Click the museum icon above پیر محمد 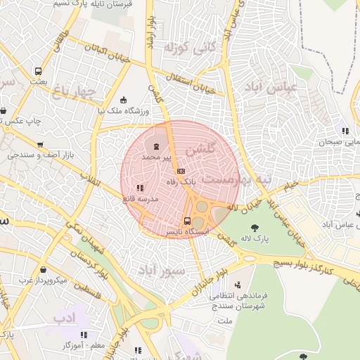click(155, 147)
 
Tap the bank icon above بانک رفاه click(181, 172)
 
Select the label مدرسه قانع click(142, 200)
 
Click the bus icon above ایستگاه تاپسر click(187, 219)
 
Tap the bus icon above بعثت click(38, 71)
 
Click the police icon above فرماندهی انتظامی click(238, 285)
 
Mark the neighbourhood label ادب click(64, 318)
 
